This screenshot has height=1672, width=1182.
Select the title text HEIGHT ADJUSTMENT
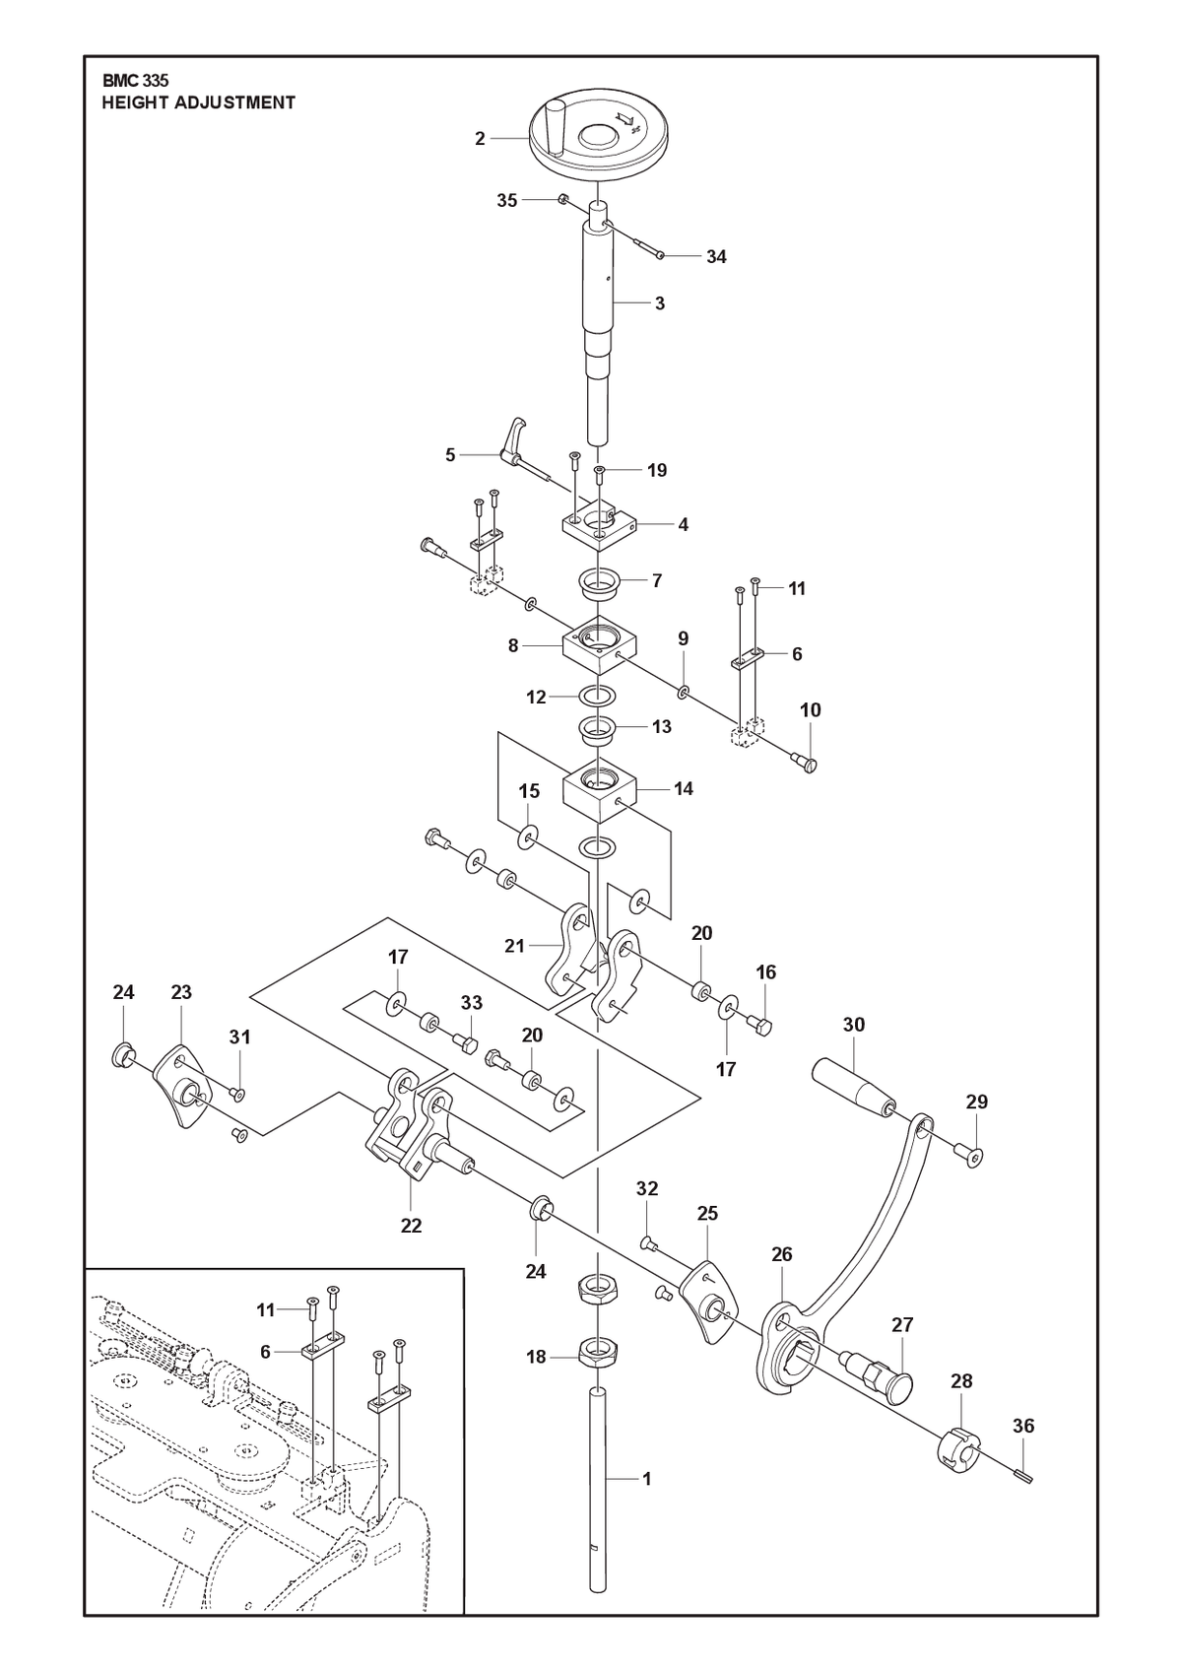[199, 102]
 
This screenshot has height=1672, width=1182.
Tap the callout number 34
[716, 257]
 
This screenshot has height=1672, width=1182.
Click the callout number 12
[537, 698]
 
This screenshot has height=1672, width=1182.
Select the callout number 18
[537, 1357]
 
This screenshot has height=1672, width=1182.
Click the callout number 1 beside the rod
[647, 1479]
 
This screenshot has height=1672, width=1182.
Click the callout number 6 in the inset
[265, 1352]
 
